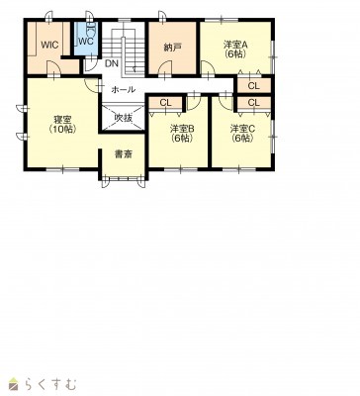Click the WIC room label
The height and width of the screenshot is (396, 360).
[49, 45]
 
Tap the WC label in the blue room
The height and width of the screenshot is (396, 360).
[86, 42]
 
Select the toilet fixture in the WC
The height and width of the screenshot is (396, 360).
[90, 31]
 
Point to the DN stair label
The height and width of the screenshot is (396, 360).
[112, 63]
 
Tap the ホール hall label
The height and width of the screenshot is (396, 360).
[123, 89]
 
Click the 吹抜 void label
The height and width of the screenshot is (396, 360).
[123, 118]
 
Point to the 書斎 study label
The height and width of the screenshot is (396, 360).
[124, 154]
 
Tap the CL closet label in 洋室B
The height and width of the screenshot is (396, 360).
[165, 103]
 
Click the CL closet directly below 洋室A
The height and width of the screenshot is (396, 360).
[254, 86]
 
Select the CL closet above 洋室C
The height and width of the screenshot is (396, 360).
[254, 103]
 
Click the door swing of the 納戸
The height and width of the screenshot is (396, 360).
[164, 70]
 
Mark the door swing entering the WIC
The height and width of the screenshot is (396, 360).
[53, 68]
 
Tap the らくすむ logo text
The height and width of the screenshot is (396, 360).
[51, 384]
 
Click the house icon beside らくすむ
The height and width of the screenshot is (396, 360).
[15, 384]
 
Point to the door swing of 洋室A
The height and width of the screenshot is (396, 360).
[208, 69]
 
